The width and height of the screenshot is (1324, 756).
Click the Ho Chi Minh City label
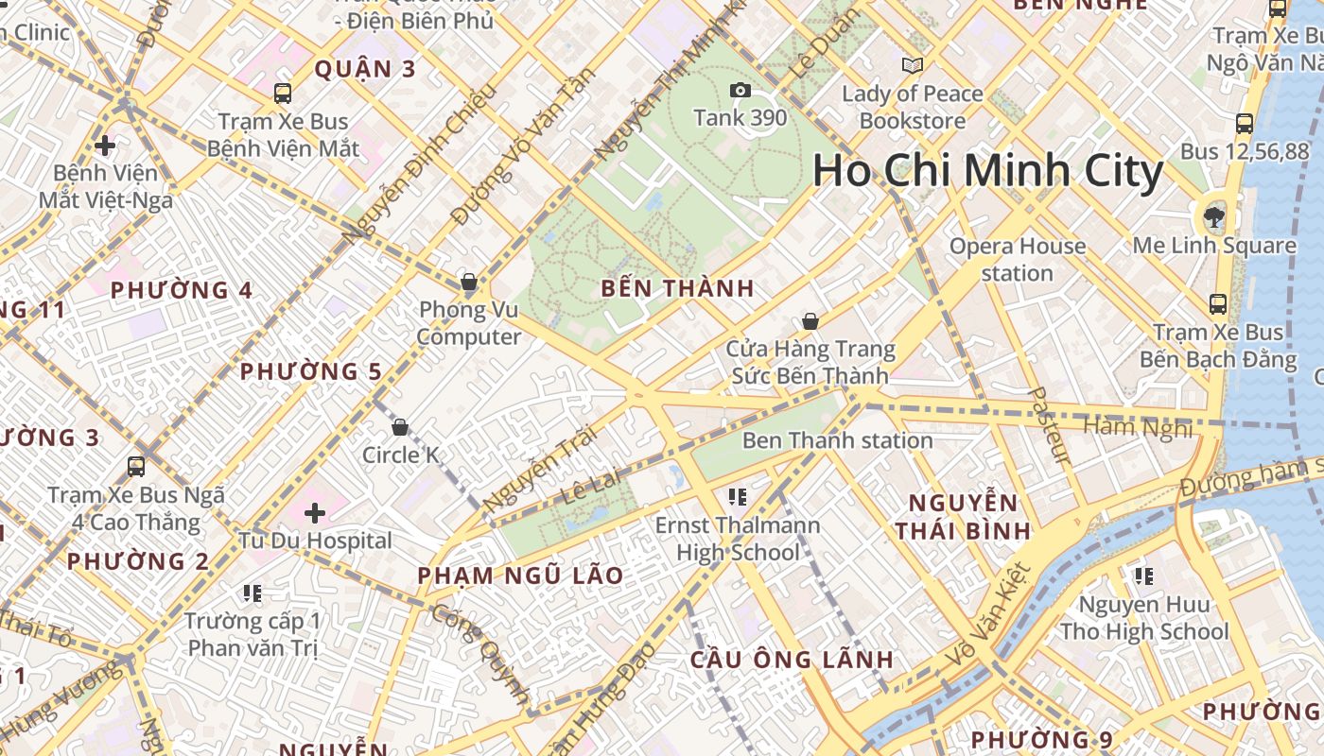[x=987, y=171]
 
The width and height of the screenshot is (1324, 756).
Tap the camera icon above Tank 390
[x=740, y=91]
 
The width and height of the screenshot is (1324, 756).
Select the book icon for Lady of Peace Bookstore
[x=912, y=65]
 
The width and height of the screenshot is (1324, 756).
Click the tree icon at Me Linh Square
[x=1213, y=218]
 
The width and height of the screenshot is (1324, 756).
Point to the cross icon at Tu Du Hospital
[x=315, y=513]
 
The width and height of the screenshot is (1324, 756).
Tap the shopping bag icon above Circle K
[x=400, y=427]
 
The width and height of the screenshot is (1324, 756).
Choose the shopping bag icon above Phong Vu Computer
[x=468, y=282]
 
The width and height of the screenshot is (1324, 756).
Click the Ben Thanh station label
[x=837, y=440]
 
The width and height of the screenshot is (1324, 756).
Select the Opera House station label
[x=1017, y=260]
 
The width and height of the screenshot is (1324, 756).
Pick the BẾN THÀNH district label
[x=678, y=289]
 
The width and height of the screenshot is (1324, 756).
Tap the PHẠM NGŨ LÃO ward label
[x=520, y=576]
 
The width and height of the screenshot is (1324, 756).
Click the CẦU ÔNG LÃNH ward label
[x=792, y=659]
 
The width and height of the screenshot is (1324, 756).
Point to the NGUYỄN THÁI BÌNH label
[x=963, y=516]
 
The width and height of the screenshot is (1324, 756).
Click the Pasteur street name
[x=1049, y=425]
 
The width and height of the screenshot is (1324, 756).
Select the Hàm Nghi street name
[x=1138, y=427]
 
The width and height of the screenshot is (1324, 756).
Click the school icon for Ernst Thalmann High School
[x=739, y=496]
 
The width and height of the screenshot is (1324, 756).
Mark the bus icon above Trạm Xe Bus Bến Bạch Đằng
[x=1218, y=304]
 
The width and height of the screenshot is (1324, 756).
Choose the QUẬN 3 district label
[x=365, y=69]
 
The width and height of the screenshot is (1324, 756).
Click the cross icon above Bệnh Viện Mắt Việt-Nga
[x=105, y=146]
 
